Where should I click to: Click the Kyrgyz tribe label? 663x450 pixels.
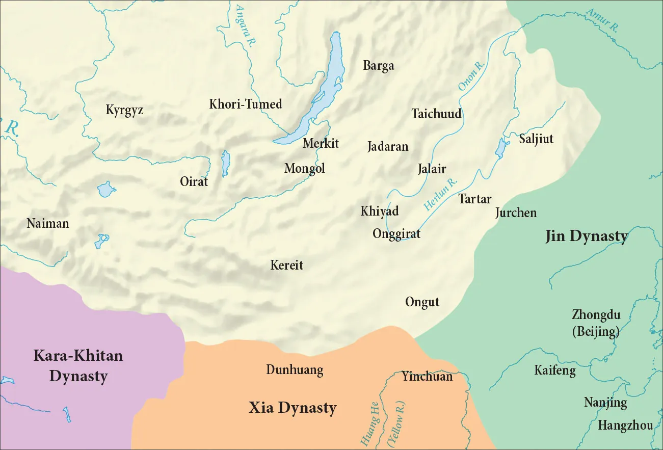pos(124,111)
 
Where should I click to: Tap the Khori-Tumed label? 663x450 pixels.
pos(245,104)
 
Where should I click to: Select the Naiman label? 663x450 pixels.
pos(47,223)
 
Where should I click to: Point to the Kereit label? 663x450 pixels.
pos(286,265)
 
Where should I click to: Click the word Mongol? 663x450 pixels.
pos(304,168)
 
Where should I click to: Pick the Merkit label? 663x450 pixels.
pos(321,143)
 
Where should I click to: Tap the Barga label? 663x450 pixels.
pos(378,66)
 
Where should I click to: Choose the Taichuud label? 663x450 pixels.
pos(436,114)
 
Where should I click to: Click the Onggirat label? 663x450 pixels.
pos(396,234)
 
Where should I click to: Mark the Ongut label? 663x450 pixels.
pos(422,302)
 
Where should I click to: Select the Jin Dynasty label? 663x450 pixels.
pos(586,236)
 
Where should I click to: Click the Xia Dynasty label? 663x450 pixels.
pos(293,408)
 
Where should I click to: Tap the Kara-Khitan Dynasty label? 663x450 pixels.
pos(78,366)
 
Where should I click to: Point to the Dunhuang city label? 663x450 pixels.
pos(295,370)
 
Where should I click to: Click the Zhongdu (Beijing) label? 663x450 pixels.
pos(596,323)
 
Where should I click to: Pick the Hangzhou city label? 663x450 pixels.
pos(625,425)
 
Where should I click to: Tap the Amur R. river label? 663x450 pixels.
pos(601,20)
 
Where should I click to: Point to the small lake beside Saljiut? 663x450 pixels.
pos(500,148)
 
